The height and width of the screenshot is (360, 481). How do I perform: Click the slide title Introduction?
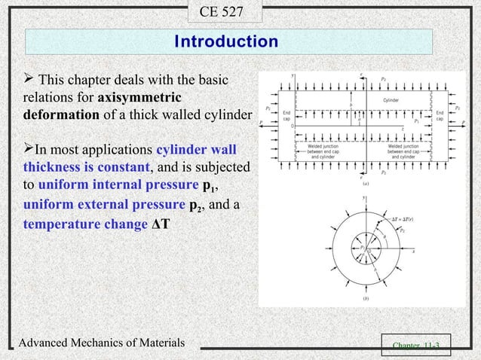[226, 41]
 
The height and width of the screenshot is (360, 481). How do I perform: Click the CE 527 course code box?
[226, 11]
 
